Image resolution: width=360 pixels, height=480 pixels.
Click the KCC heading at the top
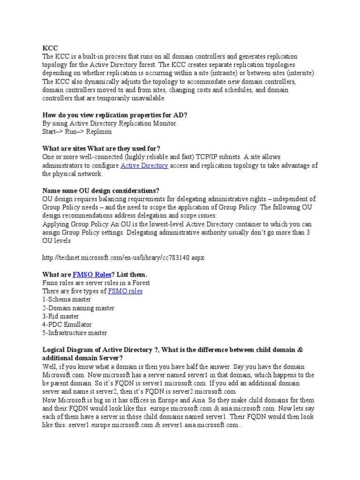(50, 48)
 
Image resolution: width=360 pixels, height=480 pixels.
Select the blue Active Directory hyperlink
(144, 165)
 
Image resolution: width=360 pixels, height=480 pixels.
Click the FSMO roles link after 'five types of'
(125, 291)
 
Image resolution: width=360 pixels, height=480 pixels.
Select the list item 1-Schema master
(67, 300)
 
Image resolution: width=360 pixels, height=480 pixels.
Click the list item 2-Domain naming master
(78, 308)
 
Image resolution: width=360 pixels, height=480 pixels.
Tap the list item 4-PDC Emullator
(67, 325)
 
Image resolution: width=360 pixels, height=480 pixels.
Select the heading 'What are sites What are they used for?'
(101, 149)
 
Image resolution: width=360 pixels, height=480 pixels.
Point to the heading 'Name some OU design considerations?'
(101, 191)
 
